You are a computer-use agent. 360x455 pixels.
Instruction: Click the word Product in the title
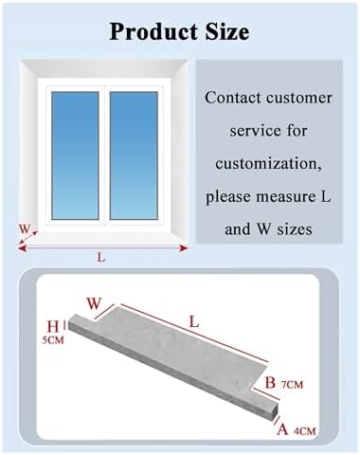pos(153,32)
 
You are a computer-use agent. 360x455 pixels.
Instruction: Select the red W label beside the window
pos(25,228)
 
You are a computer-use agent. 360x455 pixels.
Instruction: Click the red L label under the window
pos(100,257)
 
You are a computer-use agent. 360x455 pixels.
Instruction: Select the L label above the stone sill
pos(193,322)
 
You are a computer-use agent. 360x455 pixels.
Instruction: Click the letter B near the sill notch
pos(269,384)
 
